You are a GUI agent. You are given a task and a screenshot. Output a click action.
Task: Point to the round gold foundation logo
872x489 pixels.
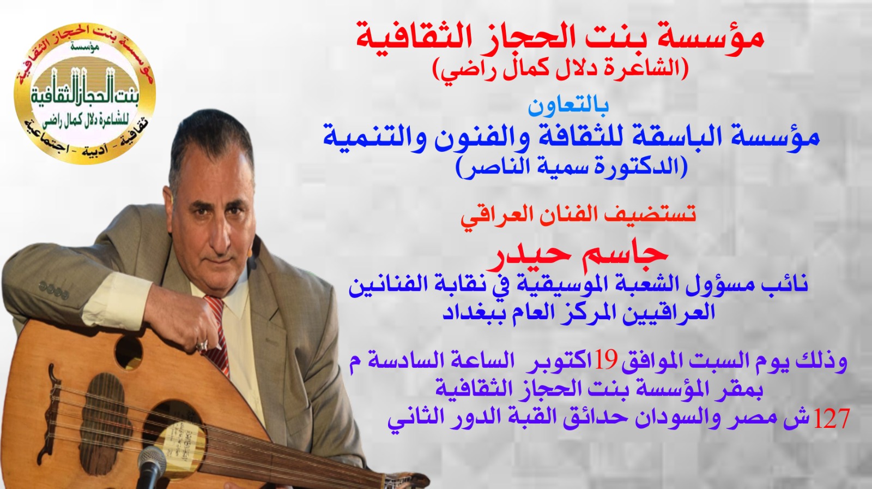point(84,93)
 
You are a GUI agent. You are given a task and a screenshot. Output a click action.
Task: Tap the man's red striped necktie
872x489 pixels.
point(218,335)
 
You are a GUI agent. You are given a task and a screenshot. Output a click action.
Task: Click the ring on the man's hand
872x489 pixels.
point(202,345)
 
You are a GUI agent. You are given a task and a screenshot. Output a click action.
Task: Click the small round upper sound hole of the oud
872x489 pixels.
point(128,352)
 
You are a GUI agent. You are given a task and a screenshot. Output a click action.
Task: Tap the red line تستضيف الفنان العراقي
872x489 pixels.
point(578,216)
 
